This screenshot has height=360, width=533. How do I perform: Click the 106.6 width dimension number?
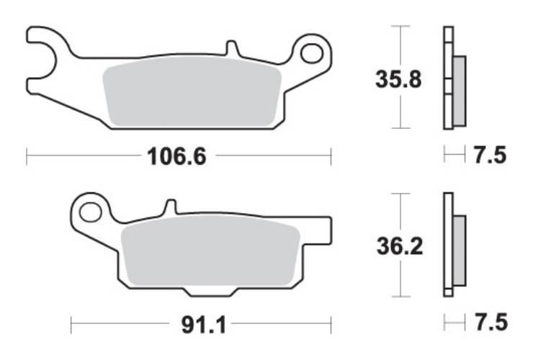[x=176, y=156]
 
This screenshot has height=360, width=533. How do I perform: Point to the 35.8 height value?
[x=398, y=77]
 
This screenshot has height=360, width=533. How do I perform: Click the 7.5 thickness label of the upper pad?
[x=491, y=155]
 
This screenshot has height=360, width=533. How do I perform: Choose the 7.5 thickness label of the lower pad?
[x=491, y=323]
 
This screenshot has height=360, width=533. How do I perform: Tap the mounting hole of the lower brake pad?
[x=91, y=212]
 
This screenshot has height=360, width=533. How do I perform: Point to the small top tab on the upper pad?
[x=232, y=49]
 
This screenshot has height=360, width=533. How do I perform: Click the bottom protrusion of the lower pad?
[x=210, y=290]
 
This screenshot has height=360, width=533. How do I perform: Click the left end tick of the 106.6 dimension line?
[x=27, y=156]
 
